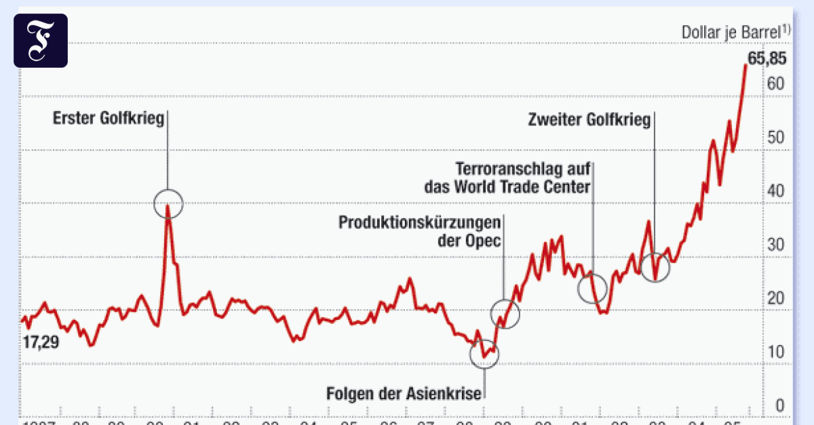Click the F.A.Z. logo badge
tap(41, 40)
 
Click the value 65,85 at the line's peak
tap(767, 59)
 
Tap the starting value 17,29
tap(41, 342)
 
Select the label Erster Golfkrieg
tap(109, 119)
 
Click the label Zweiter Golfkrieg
tap(589, 120)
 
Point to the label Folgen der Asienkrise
tap(404, 393)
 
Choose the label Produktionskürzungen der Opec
tap(420, 231)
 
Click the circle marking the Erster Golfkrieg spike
tap(168, 203)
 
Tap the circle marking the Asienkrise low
tap(484, 354)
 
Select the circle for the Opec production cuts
tap(505, 313)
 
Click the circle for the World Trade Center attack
tap(592, 288)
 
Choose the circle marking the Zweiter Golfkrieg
tap(655, 267)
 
